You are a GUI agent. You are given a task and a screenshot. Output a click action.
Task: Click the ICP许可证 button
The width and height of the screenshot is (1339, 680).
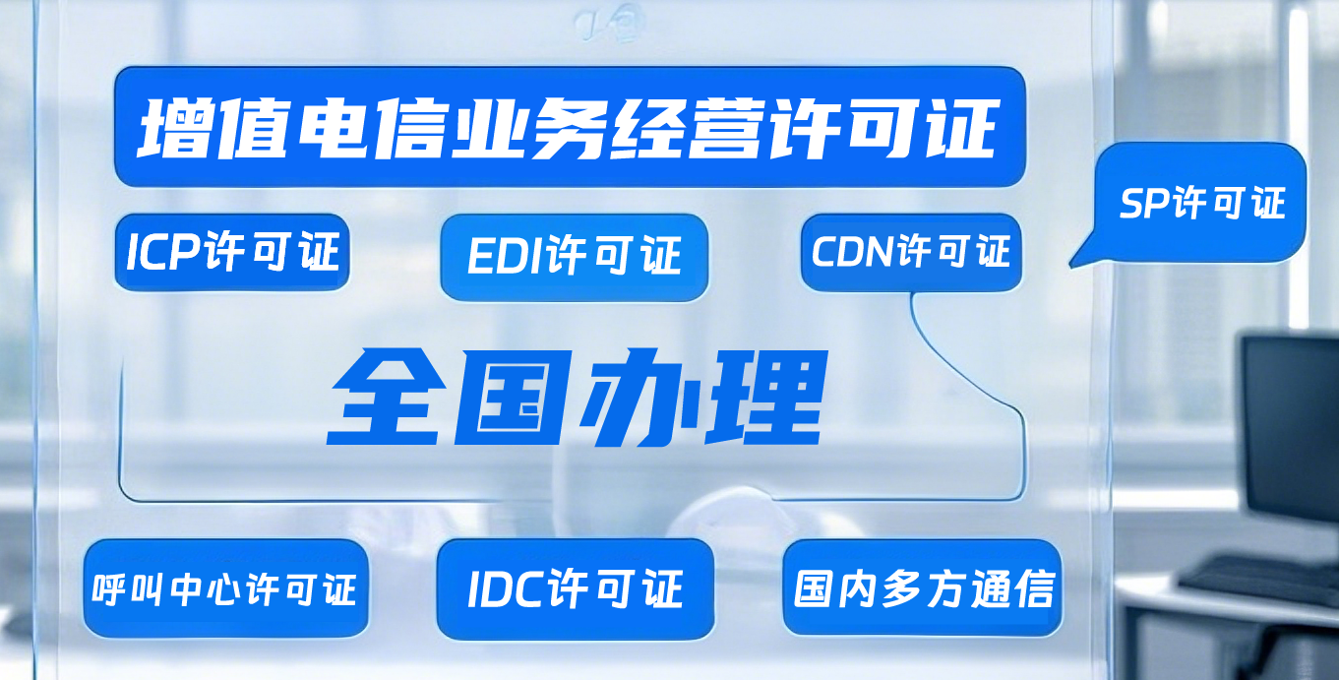[x=232, y=252]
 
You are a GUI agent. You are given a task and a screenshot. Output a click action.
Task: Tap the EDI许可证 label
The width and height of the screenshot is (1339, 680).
[x=574, y=256]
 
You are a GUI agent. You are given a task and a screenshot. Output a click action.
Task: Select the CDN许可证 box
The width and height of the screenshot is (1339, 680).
[x=911, y=252]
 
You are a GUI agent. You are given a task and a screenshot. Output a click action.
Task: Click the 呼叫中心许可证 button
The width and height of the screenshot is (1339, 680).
[x=226, y=588]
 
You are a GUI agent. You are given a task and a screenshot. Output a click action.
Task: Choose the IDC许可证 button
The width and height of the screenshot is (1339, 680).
[x=576, y=589]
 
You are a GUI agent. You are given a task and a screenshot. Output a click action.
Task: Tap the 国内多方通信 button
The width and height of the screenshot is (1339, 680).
[x=923, y=588]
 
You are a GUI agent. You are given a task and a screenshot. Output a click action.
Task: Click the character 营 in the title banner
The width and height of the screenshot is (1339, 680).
[x=726, y=129]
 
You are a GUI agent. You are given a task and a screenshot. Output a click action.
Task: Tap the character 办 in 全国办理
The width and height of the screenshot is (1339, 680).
[x=639, y=398]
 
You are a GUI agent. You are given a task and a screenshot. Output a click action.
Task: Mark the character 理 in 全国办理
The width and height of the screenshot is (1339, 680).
[x=766, y=398]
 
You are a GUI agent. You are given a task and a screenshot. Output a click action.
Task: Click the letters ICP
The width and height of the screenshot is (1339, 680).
[x=162, y=252]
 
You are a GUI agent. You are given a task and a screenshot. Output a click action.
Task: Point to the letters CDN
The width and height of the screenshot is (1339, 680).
[x=853, y=251]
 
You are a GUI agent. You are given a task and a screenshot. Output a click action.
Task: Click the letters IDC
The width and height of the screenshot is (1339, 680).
[x=507, y=589]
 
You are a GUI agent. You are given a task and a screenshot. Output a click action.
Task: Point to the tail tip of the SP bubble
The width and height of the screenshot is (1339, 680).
[x=1070, y=266]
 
